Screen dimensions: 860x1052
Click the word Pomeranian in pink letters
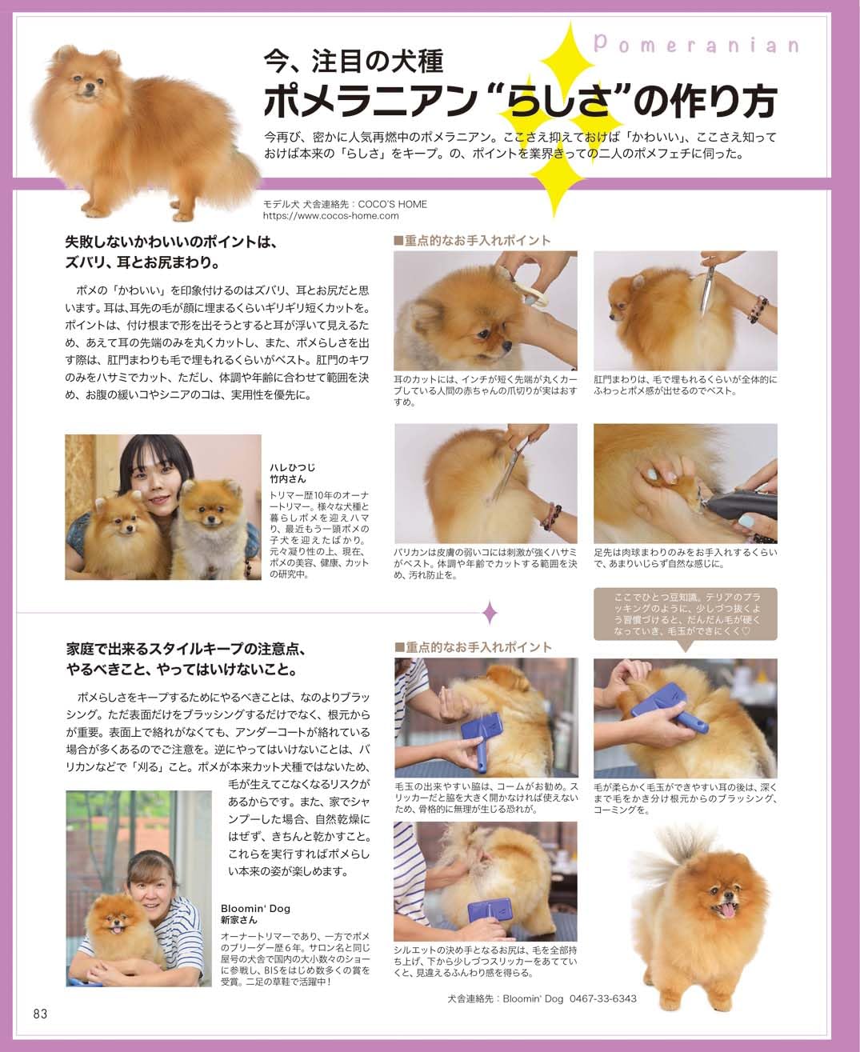pyautogui.click(x=696, y=46)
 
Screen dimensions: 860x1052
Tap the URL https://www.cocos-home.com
pyautogui.click(x=330, y=216)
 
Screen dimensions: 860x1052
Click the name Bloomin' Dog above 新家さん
pyautogui.click(x=255, y=908)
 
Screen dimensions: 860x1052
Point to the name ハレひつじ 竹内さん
pyautogui.click(x=293, y=473)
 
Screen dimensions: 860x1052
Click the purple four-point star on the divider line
pyautogui.click(x=490, y=612)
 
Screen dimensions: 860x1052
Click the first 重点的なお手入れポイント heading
pyautogui.click(x=473, y=241)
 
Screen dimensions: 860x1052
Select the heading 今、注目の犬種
pyautogui.click(x=354, y=62)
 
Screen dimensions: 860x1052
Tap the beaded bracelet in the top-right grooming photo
pyautogui.click(x=758, y=310)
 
